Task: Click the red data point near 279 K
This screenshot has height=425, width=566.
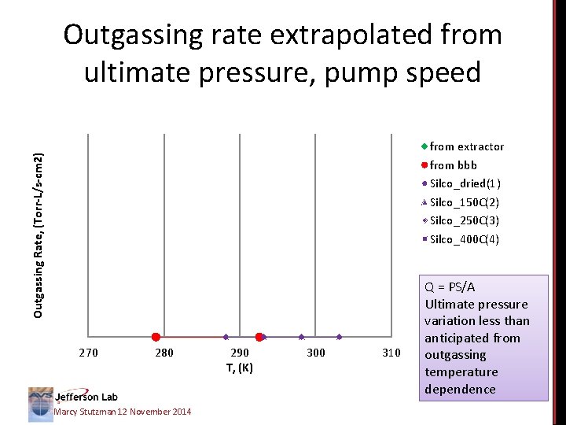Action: pos(156,337)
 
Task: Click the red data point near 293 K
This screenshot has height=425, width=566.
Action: pos(259,337)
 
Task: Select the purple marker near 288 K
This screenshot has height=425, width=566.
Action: pos(226,337)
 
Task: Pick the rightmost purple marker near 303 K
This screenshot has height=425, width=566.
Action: pos(339,337)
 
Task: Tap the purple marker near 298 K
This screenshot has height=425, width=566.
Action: pos(301,337)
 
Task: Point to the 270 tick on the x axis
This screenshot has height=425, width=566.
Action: pos(89,353)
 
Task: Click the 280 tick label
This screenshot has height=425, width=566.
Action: pos(164,353)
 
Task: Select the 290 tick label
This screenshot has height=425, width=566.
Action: pos(240,353)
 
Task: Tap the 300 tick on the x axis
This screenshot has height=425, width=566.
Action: pos(315,353)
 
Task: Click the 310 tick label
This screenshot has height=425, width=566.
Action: pos(391,353)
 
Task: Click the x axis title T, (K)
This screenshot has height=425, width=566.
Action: pos(240,368)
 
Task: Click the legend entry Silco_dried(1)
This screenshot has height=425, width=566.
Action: pos(465,183)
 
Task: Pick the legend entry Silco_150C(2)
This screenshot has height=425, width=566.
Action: pos(464,202)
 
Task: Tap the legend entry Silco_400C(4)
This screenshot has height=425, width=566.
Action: pos(464,239)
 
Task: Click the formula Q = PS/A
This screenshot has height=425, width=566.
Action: pos(450,287)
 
